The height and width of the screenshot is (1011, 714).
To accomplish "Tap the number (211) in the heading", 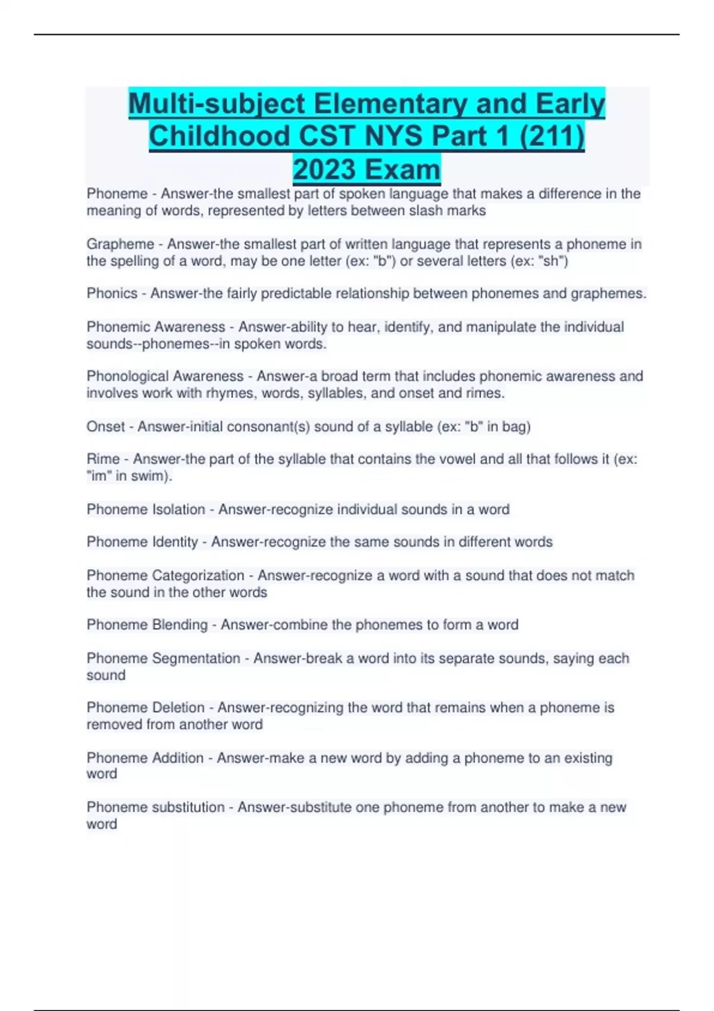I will coord(552,136).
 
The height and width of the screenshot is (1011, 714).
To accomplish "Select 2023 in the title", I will coord(325,169).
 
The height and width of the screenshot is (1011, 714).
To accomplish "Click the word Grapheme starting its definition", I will coord(120,244).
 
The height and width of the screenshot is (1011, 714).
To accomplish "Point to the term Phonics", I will coord(112,293).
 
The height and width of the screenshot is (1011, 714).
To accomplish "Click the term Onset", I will coord(105,426).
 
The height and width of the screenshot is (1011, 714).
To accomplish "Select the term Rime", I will coord(103,459).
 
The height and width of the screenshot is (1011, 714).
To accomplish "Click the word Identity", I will coord(175,542).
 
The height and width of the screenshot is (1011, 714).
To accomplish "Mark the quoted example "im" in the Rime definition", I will coord(97,476).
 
